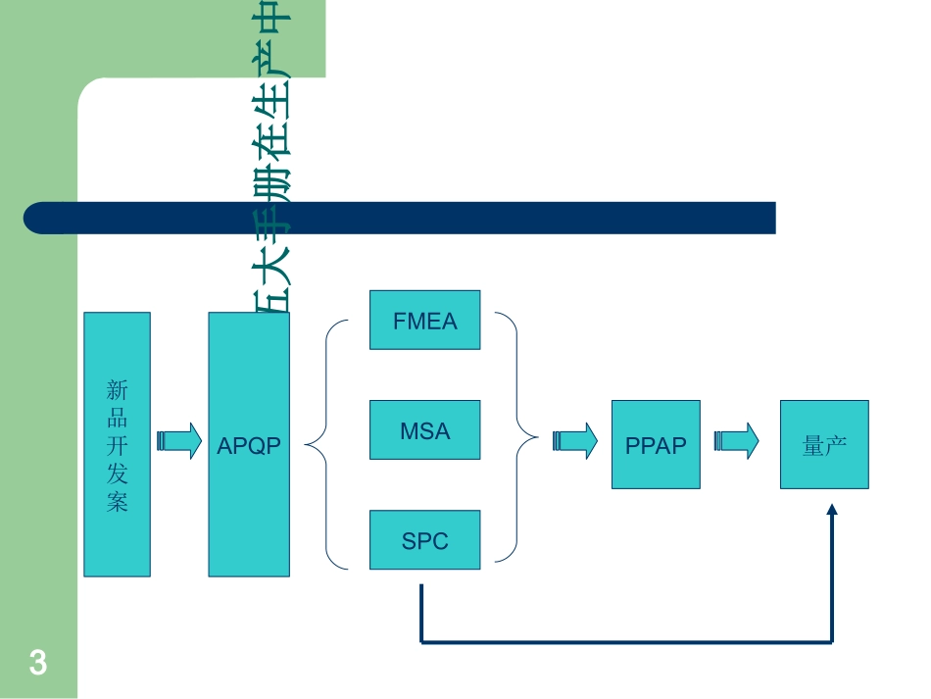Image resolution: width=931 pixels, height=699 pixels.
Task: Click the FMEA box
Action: point(424,320)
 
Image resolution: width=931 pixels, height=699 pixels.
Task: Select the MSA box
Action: point(424,429)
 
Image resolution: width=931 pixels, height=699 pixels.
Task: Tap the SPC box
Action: point(424,540)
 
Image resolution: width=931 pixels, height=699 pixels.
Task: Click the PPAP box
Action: point(656,444)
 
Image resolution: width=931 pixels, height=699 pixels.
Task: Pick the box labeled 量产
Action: point(824,444)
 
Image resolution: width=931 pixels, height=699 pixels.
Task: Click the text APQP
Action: point(249,445)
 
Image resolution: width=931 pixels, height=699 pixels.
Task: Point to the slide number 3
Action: point(38,664)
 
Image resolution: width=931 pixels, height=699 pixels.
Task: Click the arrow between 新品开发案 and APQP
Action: point(179,440)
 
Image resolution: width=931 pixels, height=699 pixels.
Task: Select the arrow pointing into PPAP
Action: point(575,440)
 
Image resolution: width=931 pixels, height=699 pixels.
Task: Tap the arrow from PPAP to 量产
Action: point(737,440)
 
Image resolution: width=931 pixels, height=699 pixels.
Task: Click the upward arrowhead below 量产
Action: point(832,510)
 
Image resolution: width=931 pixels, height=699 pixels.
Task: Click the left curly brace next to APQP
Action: point(323,444)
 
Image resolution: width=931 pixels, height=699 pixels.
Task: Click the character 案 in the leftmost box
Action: point(117,504)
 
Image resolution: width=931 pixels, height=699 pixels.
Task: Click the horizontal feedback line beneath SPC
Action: point(627,643)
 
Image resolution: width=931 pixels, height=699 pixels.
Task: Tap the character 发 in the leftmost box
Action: point(117,475)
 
